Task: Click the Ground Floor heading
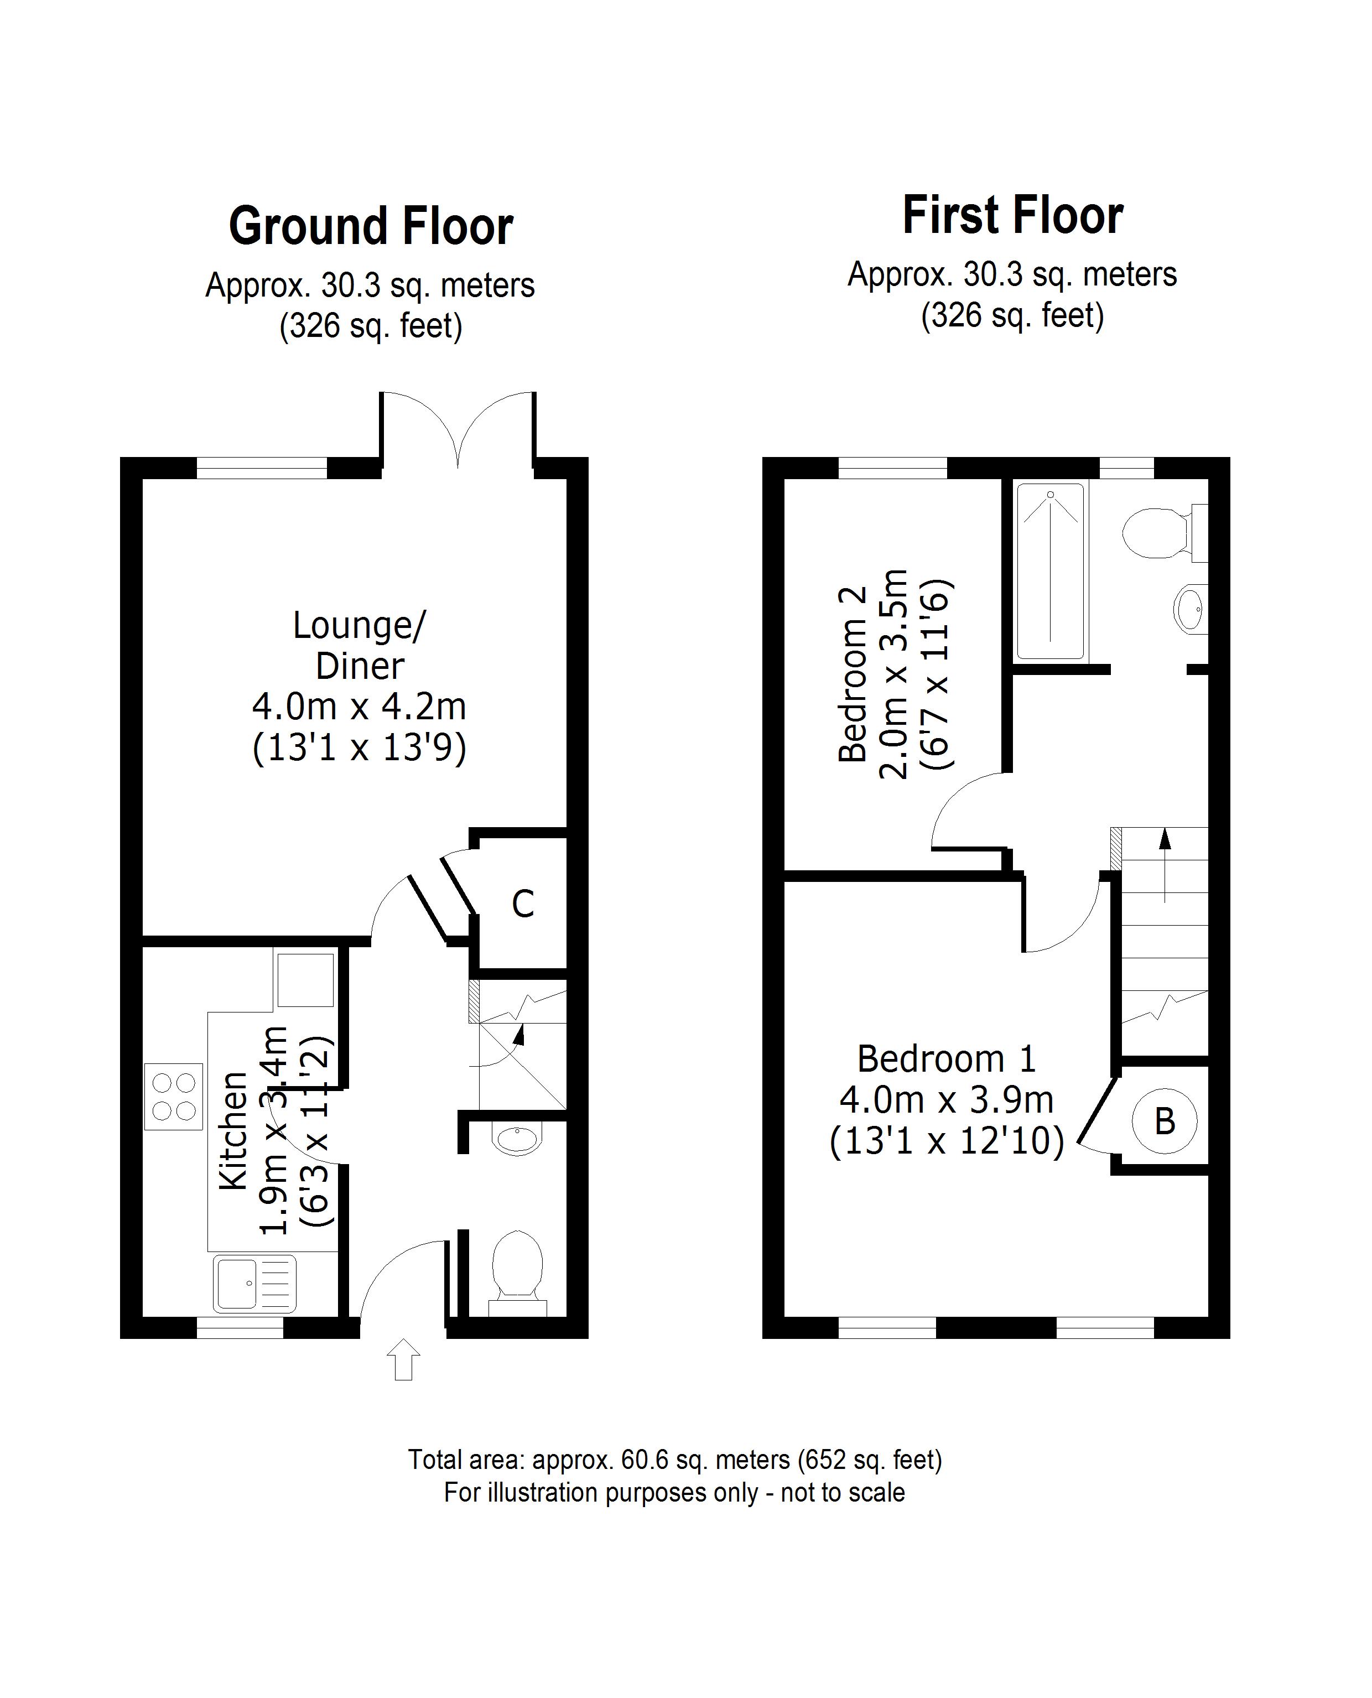(371, 227)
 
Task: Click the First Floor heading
(1012, 216)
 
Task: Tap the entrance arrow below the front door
(403, 1359)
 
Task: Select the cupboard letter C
(522, 903)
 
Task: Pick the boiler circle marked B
(1164, 1121)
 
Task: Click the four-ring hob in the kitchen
(174, 1097)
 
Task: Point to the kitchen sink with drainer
(254, 1283)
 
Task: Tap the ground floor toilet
(518, 1270)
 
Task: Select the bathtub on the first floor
(1051, 572)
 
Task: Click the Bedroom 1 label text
(946, 1060)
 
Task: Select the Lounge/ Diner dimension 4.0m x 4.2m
(359, 706)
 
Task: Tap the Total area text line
(675, 1460)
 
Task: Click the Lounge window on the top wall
(262, 468)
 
